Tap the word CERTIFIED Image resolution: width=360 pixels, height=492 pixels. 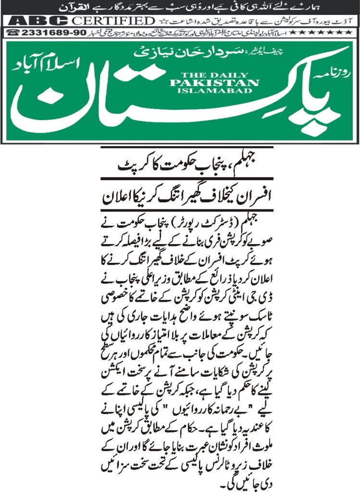tap(110, 21)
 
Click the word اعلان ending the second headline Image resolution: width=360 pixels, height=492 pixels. tap(118, 197)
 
